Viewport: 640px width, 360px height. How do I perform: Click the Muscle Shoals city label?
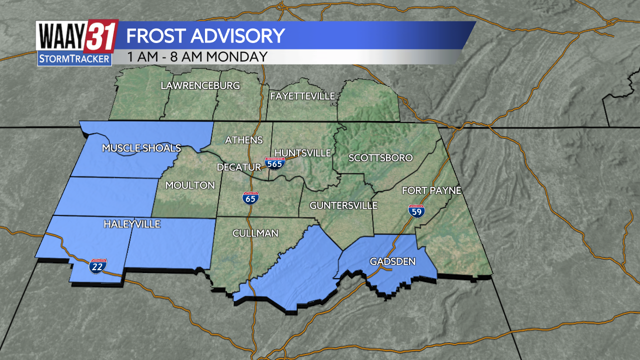click(x=141, y=148)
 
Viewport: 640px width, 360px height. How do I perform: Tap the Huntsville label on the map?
click(x=303, y=152)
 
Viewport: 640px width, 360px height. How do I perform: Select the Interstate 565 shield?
click(x=275, y=162)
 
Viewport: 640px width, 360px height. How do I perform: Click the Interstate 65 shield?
click(x=250, y=198)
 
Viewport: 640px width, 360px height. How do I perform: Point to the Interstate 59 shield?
click(x=416, y=211)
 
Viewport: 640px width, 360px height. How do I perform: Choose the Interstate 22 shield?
click(x=97, y=266)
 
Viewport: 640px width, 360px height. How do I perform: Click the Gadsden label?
click(x=392, y=261)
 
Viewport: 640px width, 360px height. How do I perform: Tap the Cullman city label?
click(x=255, y=233)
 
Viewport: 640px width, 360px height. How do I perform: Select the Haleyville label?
click(x=132, y=224)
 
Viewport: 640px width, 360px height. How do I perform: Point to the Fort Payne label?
click(x=431, y=190)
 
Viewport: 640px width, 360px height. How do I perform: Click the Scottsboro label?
click(x=380, y=157)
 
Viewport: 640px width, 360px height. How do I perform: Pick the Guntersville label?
click(x=343, y=205)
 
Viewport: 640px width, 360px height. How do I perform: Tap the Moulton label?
click(x=190, y=185)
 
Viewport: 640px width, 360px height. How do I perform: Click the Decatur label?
click(x=239, y=167)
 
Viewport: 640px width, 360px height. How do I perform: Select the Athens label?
click(x=244, y=139)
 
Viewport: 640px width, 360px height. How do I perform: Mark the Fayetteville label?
click(x=302, y=96)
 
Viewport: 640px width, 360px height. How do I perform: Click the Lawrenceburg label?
click(x=200, y=85)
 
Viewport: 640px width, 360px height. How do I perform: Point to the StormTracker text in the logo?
click(x=74, y=59)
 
